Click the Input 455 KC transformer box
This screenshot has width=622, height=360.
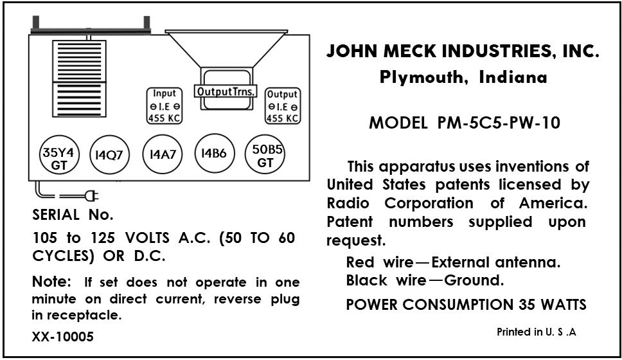[164, 105]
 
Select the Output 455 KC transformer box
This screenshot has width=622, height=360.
[282, 105]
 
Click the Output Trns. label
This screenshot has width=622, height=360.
[226, 91]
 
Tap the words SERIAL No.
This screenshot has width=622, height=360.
[73, 214]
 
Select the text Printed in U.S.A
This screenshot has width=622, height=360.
[537, 332]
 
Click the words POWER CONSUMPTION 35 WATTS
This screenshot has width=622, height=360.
[466, 304]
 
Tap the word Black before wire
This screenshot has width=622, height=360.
[366, 280]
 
